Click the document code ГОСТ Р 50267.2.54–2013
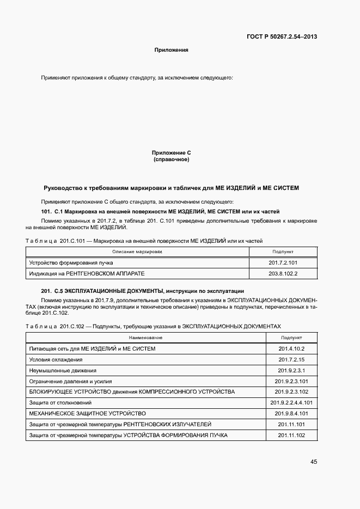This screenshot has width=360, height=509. [x=283, y=37]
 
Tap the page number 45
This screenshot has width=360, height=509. [x=314, y=462]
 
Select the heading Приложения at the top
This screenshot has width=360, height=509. [x=171, y=50]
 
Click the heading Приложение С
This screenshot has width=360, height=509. [x=171, y=154]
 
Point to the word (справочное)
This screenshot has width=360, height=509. [x=171, y=160]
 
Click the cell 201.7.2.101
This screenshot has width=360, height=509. [x=283, y=262]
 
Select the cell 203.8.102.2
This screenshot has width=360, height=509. [x=283, y=273]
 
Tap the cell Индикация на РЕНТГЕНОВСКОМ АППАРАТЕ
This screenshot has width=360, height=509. [x=87, y=273]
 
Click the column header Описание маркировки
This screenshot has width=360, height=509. [x=137, y=252]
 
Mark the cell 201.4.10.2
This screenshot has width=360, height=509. [x=291, y=349]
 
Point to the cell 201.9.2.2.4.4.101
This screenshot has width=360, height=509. [x=291, y=403]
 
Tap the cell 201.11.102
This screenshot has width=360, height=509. [x=291, y=436]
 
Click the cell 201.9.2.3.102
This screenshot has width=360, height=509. [x=291, y=392]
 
